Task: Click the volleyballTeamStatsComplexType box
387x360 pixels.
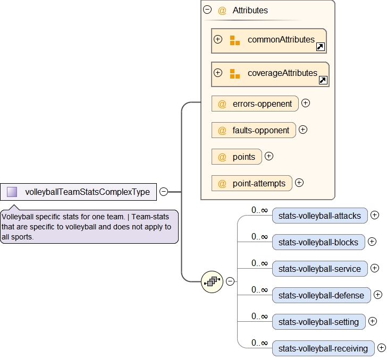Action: (x=87, y=192)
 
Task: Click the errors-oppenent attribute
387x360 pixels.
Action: (x=255, y=104)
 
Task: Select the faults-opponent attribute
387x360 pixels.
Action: (x=254, y=130)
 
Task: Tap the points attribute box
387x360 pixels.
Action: (x=237, y=157)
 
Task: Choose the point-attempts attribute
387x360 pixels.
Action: (x=252, y=184)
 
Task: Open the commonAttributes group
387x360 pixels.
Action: (x=268, y=40)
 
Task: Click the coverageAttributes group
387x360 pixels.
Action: (x=270, y=73)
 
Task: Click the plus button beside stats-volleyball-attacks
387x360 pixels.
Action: (x=375, y=215)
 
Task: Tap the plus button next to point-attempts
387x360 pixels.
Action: (x=299, y=183)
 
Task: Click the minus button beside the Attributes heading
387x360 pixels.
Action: (x=208, y=10)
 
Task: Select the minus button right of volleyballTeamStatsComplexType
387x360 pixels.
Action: (x=164, y=192)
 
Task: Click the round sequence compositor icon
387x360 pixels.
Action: (x=212, y=281)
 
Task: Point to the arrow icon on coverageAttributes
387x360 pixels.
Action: (x=323, y=81)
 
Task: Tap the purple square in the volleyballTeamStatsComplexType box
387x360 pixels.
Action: (x=12, y=192)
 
